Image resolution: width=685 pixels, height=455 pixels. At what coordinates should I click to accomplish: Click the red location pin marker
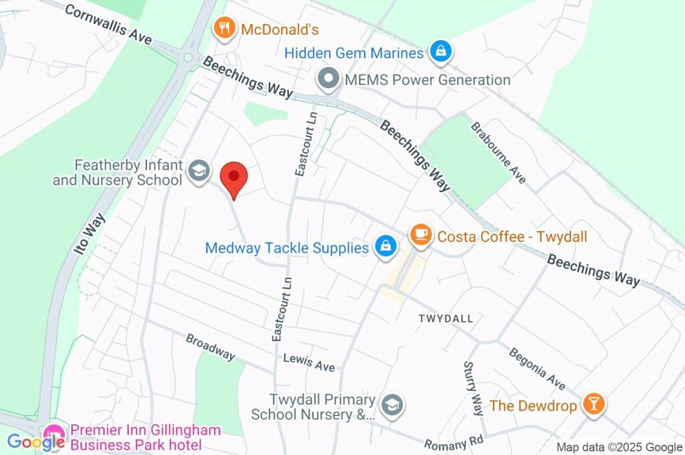(234, 177)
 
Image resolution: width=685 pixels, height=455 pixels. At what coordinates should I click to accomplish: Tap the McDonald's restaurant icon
(223, 29)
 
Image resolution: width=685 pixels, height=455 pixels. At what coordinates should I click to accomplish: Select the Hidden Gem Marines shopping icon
(442, 52)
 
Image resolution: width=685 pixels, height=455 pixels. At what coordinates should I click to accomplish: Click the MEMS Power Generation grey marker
(328, 80)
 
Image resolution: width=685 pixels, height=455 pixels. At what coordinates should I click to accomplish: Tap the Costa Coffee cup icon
(420, 234)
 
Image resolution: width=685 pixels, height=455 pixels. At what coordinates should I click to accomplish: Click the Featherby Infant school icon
(198, 171)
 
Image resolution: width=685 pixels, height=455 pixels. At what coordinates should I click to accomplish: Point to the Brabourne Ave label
(498, 153)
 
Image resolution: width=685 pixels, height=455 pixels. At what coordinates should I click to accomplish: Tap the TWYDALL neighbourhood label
(446, 318)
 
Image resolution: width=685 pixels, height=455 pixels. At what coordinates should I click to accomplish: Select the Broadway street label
(210, 347)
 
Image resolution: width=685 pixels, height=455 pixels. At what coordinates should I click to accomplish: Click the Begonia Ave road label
(536, 368)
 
